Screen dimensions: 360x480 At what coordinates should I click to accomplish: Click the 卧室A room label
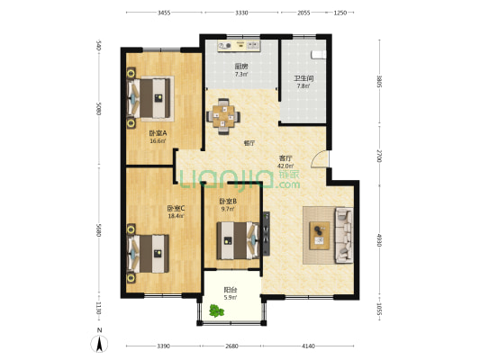(158, 136)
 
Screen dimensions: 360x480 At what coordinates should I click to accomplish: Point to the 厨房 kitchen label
(241, 70)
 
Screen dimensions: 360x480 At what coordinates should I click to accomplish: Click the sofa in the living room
(344, 234)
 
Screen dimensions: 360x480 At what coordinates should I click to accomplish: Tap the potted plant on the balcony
(216, 311)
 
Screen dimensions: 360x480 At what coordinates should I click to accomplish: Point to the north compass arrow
(98, 343)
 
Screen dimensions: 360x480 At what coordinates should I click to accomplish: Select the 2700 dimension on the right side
(379, 155)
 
